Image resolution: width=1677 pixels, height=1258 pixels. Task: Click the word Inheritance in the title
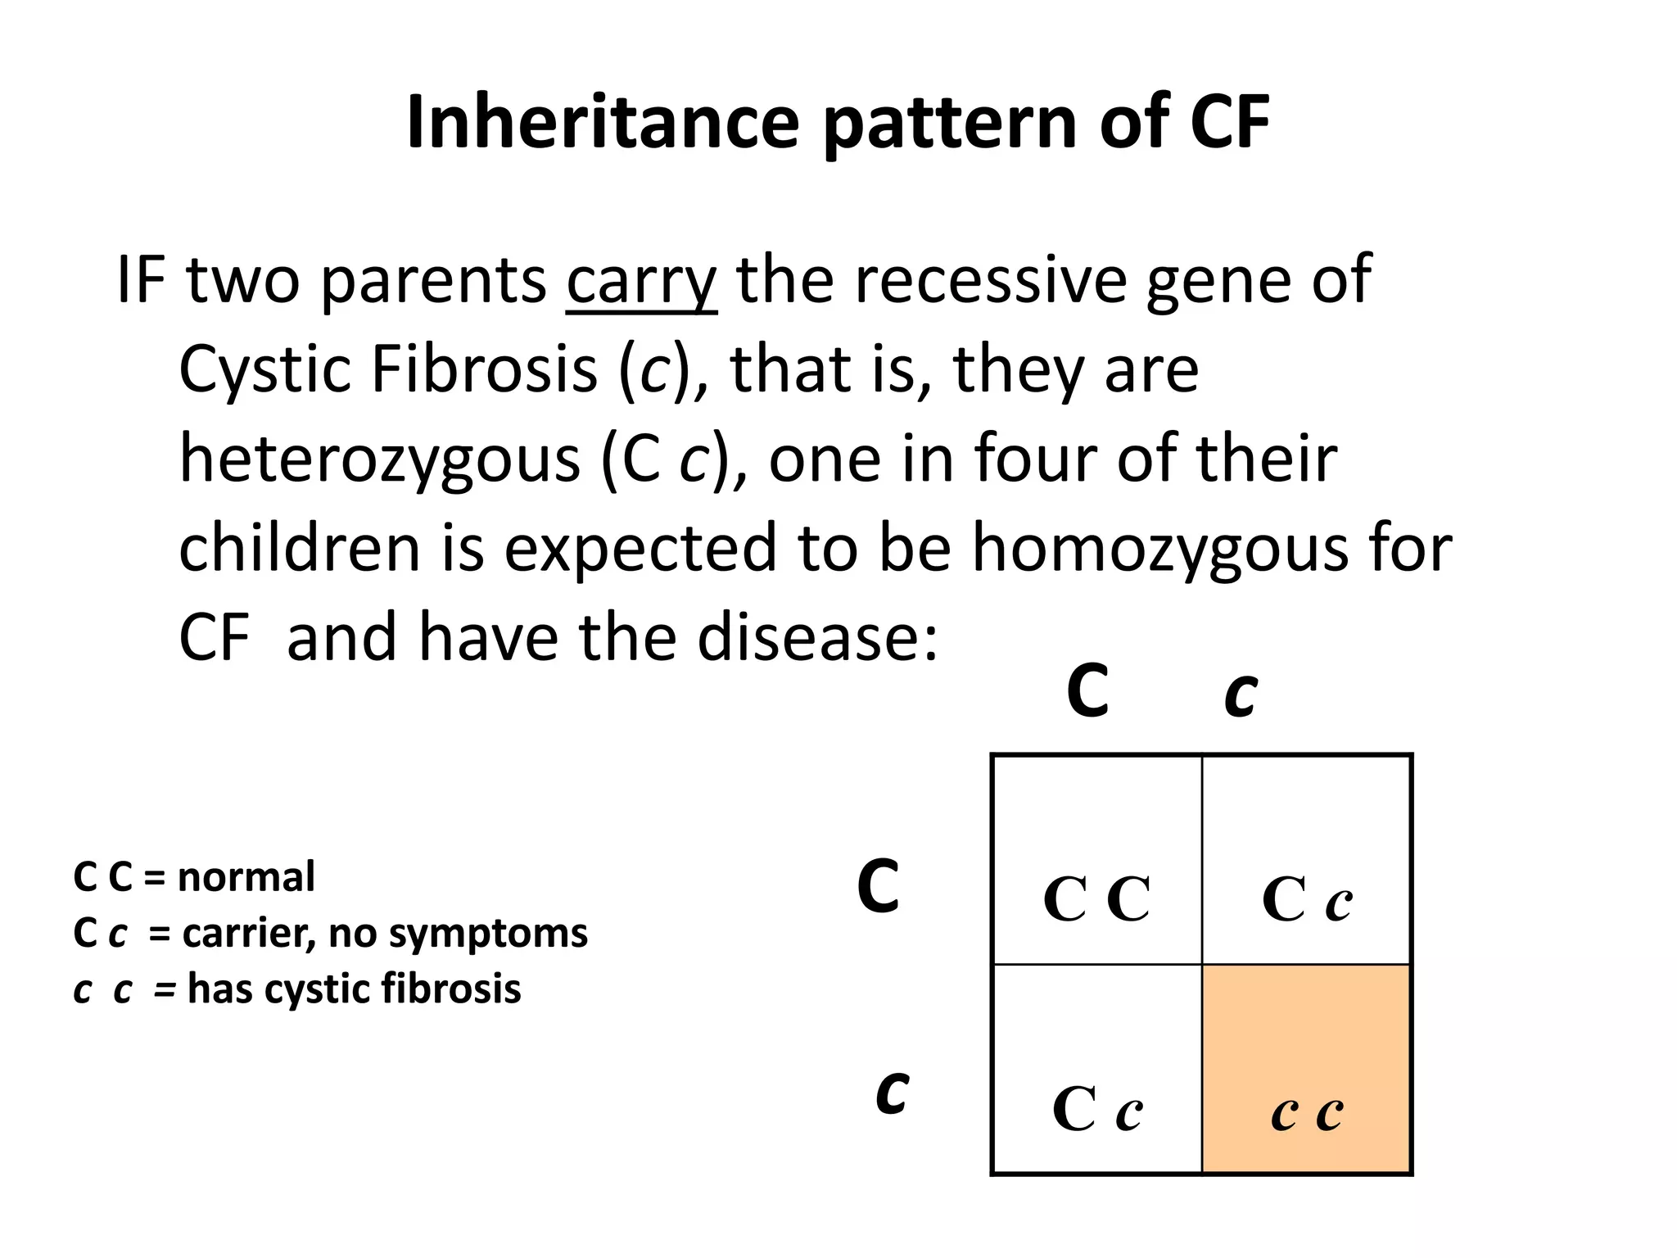603,123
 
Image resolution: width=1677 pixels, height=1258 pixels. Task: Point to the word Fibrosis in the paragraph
484,369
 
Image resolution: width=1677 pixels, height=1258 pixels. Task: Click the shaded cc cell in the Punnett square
1307,1070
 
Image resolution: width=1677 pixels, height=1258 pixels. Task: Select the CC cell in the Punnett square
1096,860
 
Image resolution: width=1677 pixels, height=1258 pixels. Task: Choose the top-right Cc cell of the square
1307,860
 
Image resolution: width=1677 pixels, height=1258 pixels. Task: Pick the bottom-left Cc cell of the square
1096,1070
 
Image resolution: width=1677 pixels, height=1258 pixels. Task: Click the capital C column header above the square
1087,692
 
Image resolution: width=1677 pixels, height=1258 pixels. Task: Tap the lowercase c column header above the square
1241,695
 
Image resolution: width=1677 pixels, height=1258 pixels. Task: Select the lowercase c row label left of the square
891,1093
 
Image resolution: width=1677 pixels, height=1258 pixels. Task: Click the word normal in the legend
246,877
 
